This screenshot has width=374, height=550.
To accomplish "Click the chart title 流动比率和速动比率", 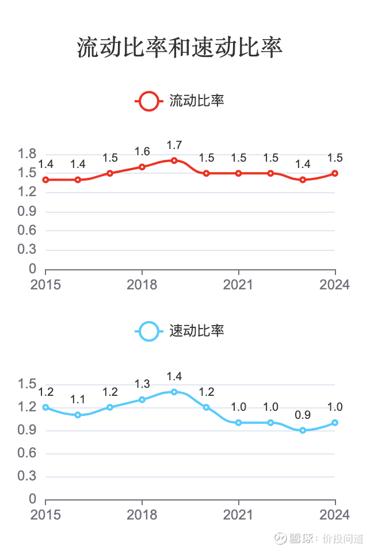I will (180, 48).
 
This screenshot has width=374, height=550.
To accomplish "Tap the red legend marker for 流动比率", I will (148, 101).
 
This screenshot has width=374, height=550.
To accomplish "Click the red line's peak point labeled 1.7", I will (174, 161).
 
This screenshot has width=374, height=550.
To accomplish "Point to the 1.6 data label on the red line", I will (142, 152).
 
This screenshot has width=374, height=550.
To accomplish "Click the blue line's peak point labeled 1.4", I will (174, 392).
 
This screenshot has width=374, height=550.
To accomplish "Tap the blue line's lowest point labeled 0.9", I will (303, 430).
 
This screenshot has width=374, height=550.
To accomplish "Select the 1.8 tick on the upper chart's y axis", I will (28, 154).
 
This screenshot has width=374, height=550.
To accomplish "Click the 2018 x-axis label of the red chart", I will (142, 285).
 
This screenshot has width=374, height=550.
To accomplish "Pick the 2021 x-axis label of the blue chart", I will (239, 514).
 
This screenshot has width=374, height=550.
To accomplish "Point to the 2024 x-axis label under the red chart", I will (335, 285).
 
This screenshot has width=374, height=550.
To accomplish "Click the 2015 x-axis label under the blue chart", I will (45, 514).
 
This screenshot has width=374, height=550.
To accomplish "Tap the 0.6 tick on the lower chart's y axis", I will (28, 453).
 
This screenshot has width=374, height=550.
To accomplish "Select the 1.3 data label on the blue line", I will (142, 384).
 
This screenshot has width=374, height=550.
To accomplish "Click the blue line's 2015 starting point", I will (45, 407).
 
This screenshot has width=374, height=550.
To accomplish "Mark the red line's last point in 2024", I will (335, 173).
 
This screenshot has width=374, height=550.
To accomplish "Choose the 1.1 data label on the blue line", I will (78, 400).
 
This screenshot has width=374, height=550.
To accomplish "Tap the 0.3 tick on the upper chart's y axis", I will (28, 250).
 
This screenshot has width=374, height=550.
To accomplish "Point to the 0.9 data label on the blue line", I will (303, 415).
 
